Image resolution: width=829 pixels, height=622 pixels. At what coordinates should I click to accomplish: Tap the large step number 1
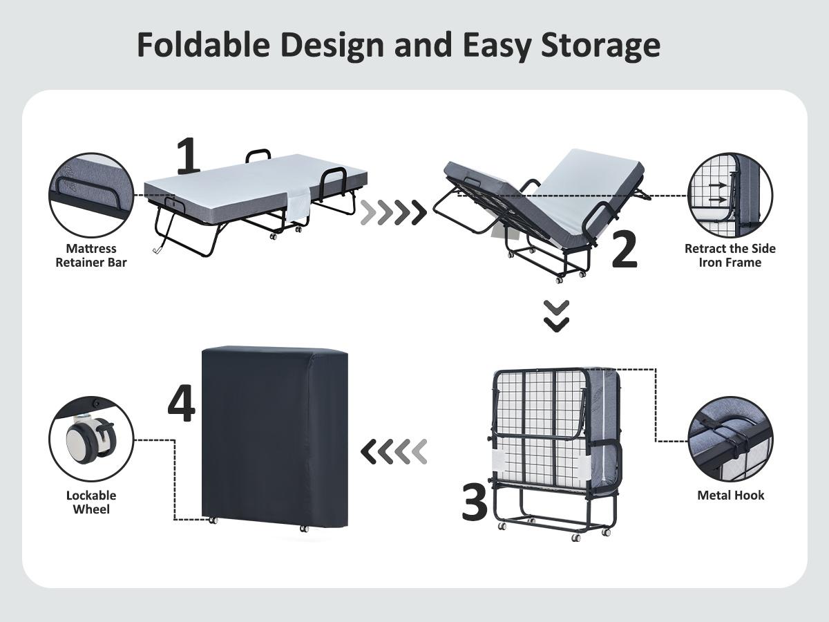(188, 156)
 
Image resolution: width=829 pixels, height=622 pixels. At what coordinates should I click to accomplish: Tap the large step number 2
(624, 249)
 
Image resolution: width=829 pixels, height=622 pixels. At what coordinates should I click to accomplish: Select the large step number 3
(475, 502)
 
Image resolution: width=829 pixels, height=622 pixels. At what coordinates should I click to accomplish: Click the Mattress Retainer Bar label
(91, 255)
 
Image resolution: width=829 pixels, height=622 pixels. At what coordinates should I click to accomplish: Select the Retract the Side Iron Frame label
(730, 255)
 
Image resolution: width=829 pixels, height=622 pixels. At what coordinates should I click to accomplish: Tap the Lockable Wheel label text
(91, 502)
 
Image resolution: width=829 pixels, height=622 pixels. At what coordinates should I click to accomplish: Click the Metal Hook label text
(730, 495)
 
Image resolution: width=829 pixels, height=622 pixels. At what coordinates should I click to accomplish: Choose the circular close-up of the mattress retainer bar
(91, 196)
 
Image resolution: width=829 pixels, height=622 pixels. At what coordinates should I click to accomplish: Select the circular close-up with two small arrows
(730, 196)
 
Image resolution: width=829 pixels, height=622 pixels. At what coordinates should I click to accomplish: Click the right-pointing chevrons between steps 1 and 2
(394, 213)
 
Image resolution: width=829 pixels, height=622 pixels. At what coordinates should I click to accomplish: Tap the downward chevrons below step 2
(556, 315)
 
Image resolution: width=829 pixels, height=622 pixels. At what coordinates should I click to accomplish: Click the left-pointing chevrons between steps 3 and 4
(394, 452)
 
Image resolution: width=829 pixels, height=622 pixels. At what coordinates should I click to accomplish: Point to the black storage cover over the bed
(274, 435)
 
